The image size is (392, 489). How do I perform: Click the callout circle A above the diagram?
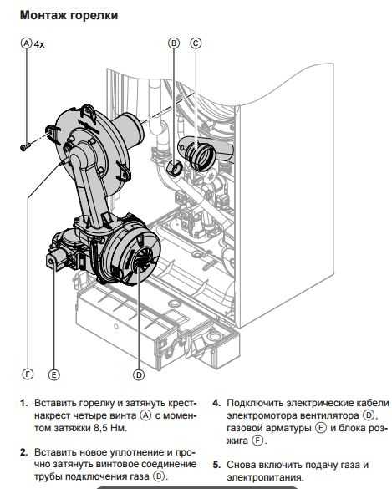(27, 43)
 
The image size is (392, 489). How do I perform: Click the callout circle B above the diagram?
(174, 43)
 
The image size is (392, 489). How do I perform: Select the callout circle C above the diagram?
(196, 43)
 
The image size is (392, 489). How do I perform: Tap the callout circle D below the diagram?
(139, 374)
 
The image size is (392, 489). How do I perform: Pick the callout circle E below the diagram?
(54, 374)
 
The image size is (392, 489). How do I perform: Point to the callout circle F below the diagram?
(28, 374)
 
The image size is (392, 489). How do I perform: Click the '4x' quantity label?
(39, 44)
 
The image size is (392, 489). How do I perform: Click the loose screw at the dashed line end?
(25, 146)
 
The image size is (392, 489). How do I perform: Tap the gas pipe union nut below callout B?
(173, 168)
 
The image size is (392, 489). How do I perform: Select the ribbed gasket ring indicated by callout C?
(201, 155)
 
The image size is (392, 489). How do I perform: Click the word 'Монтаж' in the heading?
(43, 15)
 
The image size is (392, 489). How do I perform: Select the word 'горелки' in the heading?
(94, 16)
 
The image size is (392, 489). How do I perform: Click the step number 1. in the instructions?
(24, 403)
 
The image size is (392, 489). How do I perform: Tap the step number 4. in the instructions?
(217, 403)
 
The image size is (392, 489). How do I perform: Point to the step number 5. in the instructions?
(217, 465)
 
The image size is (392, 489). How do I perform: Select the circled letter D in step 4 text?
(369, 415)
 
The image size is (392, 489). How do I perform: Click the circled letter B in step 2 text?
(159, 476)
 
